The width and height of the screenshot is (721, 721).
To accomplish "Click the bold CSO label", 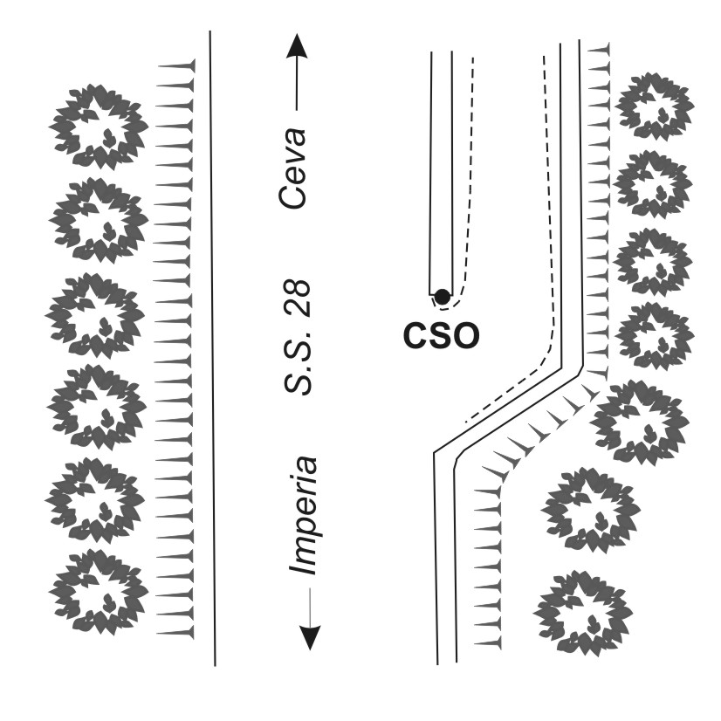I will pyautogui.click(x=442, y=334).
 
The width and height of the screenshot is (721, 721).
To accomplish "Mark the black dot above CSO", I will pyautogui.click(x=443, y=296).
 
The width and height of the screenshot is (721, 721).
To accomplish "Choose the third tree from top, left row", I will pyautogui.click(x=96, y=314).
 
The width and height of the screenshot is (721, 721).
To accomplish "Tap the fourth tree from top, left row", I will pyautogui.click(x=97, y=406).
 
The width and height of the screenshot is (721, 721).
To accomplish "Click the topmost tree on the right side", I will pyautogui.click(x=655, y=106).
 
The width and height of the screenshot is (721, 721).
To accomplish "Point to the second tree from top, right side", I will pyautogui.click(x=655, y=184).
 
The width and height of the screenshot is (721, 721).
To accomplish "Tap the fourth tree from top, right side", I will pyautogui.click(x=656, y=334).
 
